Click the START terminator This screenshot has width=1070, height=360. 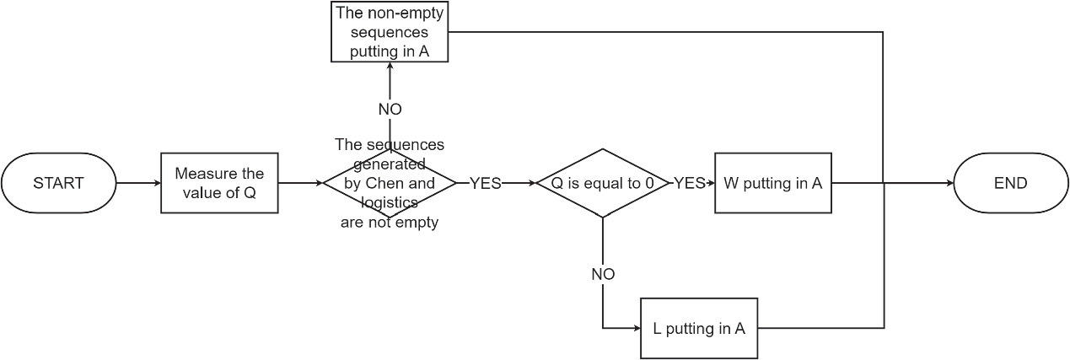(x=59, y=183)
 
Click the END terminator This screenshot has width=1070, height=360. (x=1010, y=183)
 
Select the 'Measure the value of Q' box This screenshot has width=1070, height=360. (x=219, y=183)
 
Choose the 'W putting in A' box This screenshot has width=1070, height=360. (x=772, y=183)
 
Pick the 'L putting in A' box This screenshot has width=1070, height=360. (x=699, y=329)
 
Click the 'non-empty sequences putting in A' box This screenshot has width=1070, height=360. (x=389, y=32)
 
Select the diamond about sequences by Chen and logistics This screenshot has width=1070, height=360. (x=389, y=183)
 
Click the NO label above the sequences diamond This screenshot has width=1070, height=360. (x=389, y=110)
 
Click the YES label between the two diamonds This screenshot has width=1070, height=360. (x=485, y=183)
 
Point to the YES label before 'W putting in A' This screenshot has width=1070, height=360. (x=689, y=183)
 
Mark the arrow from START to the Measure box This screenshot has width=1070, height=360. (x=138, y=183)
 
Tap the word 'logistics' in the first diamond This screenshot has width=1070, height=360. (x=390, y=202)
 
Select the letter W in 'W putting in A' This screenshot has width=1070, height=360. (x=729, y=183)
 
